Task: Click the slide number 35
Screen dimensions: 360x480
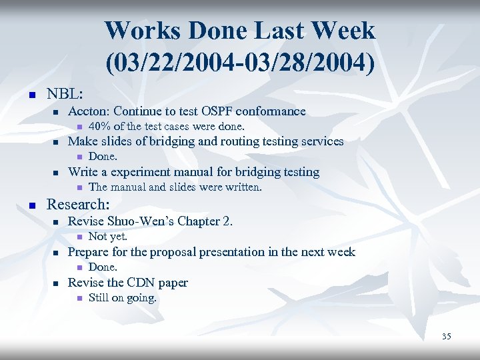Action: (446, 337)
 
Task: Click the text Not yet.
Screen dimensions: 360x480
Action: (107, 236)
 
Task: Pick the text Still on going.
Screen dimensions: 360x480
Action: (122, 297)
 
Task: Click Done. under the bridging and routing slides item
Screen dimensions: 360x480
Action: (103, 157)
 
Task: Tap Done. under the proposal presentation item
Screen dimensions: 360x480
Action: (103, 267)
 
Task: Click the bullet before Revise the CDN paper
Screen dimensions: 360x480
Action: (56, 283)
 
